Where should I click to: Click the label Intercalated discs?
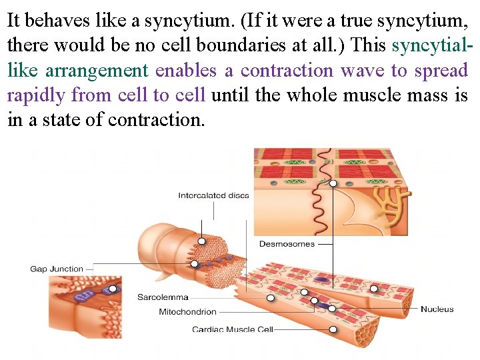coord(213,195)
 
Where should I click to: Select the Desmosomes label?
coord(287,244)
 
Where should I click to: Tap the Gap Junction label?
coord(57,269)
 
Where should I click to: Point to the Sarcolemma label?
coord(163,297)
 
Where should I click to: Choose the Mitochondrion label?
coord(187,311)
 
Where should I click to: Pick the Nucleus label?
coord(437,309)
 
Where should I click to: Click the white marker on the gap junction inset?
coord(113,289)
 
